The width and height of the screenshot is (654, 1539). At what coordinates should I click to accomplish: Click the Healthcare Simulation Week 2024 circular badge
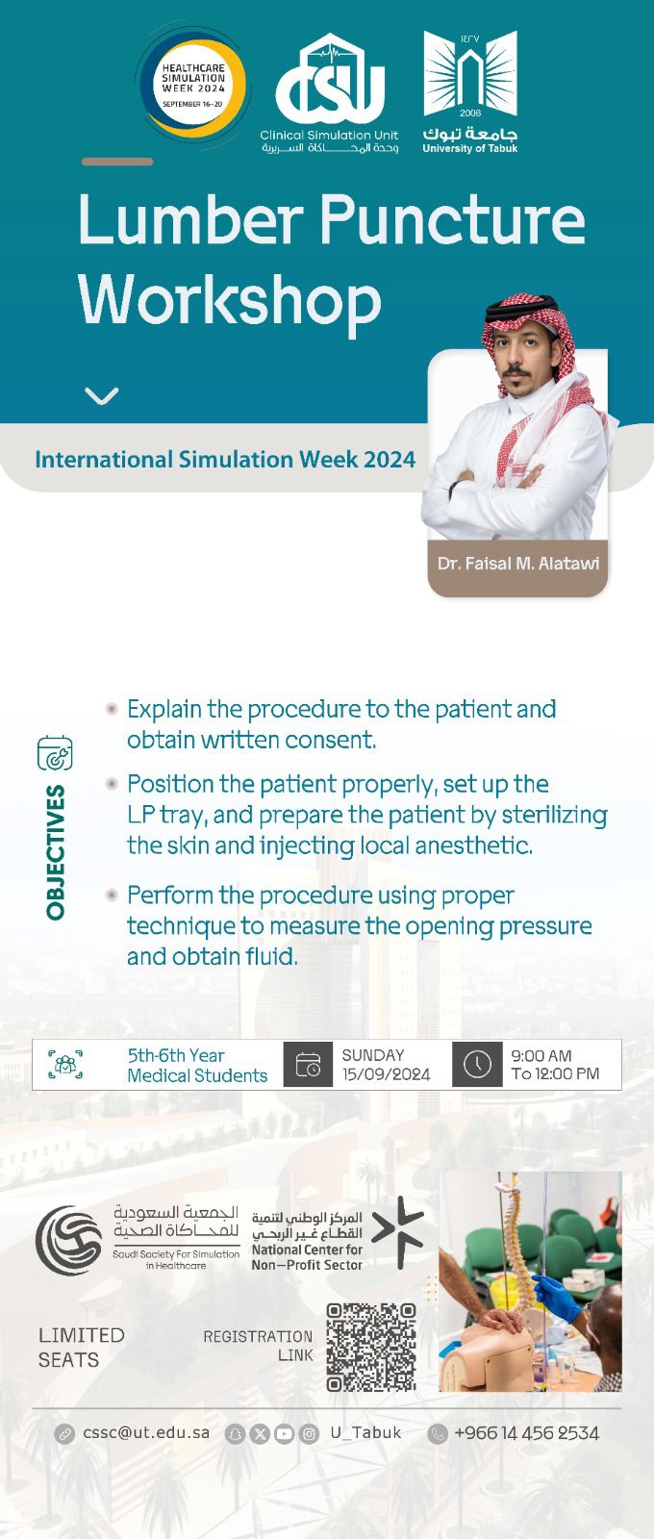pyautogui.click(x=193, y=86)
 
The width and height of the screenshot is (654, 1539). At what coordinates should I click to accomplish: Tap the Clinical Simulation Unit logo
pyautogui.click(x=329, y=93)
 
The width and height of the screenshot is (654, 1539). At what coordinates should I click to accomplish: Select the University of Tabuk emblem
pyautogui.click(x=470, y=91)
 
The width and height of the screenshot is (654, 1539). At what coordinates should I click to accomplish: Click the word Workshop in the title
pyautogui.click(x=230, y=300)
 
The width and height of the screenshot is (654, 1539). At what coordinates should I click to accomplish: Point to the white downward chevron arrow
pyautogui.click(x=102, y=395)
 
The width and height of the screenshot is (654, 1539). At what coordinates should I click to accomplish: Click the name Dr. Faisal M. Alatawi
pyautogui.click(x=518, y=564)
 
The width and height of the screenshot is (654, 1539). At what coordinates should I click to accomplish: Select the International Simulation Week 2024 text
pyautogui.click(x=225, y=459)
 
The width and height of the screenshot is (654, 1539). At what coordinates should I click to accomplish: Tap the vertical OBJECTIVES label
pyautogui.click(x=56, y=852)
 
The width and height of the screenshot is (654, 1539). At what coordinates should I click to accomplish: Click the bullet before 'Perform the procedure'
pyautogui.click(x=112, y=895)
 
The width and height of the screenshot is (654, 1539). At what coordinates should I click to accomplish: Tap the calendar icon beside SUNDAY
pyautogui.click(x=308, y=1065)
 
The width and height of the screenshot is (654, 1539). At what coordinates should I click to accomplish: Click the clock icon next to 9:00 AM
pyautogui.click(x=477, y=1065)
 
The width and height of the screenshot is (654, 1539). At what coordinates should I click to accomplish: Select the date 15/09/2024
pyautogui.click(x=386, y=1074)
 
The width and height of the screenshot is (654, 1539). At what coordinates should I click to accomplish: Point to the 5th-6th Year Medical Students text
pyautogui.click(x=197, y=1066)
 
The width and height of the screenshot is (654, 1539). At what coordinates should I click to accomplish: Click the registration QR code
pyautogui.click(x=371, y=1348)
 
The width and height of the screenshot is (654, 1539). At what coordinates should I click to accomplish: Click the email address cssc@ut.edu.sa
pyautogui.click(x=145, y=1433)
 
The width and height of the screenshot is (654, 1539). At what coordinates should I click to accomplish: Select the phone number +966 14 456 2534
pyautogui.click(x=527, y=1433)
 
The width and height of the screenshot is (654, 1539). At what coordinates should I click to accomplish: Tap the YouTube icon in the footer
pyautogui.click(x=285, y=1434)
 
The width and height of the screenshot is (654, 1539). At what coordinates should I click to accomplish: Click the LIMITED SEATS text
pyautogui.click(x=81, y=1348)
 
